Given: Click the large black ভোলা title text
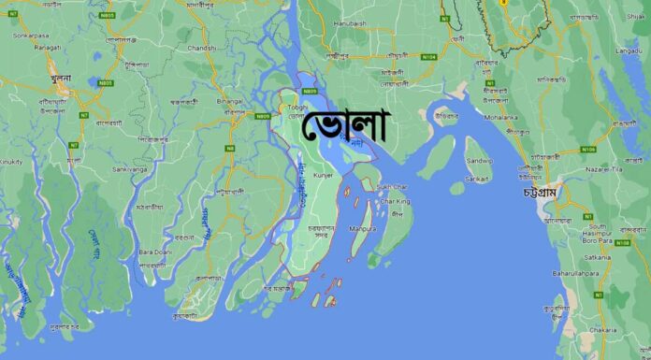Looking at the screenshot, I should click(346, 129).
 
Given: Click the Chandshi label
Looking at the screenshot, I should click(202, 47).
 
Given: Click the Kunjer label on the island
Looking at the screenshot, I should click(325, 175).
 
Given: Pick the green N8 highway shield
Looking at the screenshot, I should click(229, 148).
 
